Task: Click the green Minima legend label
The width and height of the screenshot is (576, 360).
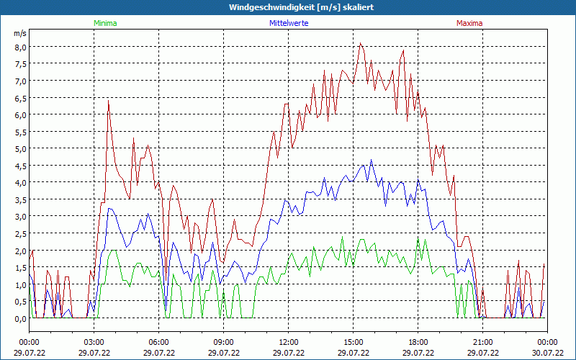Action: pyautogui.click(x=105, y=23)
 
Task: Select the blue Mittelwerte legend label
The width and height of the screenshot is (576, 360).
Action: pyautogui.click(x=289, y=23)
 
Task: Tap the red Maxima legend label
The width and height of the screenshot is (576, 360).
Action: pyautogui.click(x=469, y=23)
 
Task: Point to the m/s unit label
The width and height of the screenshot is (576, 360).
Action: pyautogui.click(x=20, y=34)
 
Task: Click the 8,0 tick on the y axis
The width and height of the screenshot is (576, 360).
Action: pyautogui.click(x=20, y=47)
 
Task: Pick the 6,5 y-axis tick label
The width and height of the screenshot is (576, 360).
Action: pyautogui.click(x=20, y=98)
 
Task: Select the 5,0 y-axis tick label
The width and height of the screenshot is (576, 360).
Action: pyautogui.click(x=20, y=148)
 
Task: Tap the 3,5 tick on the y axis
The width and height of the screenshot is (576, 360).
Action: pyautogui.click(x=20, y=199)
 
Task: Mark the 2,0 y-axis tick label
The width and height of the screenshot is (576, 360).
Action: pyautogui.click(x=20, y=251)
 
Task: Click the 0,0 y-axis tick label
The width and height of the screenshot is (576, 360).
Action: pyautogui.click(x=20, y=318)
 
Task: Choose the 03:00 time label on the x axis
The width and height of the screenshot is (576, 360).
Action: pyautogui.click(x=94, y=342)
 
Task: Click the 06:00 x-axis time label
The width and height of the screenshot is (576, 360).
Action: pyautogui.click(x=159, y=342)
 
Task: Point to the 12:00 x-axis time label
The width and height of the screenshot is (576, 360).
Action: pyautogui.click(x=289, y=342)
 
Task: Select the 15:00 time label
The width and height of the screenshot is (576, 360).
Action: pyautogui.click(x=354, y=342)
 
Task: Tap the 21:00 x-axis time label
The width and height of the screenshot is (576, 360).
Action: pyautogui.click(x=483, y=342)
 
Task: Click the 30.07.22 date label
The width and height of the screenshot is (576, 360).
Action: pyautogui.click(x=547, y=353)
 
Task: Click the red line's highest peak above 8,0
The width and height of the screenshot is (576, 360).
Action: pyautogui.click(x=361, y=43)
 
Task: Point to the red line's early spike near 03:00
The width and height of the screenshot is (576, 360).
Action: pyautogui.click(x=108, y=100)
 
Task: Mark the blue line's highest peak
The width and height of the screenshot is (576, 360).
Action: pyautogui.click(x=372, y=160)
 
